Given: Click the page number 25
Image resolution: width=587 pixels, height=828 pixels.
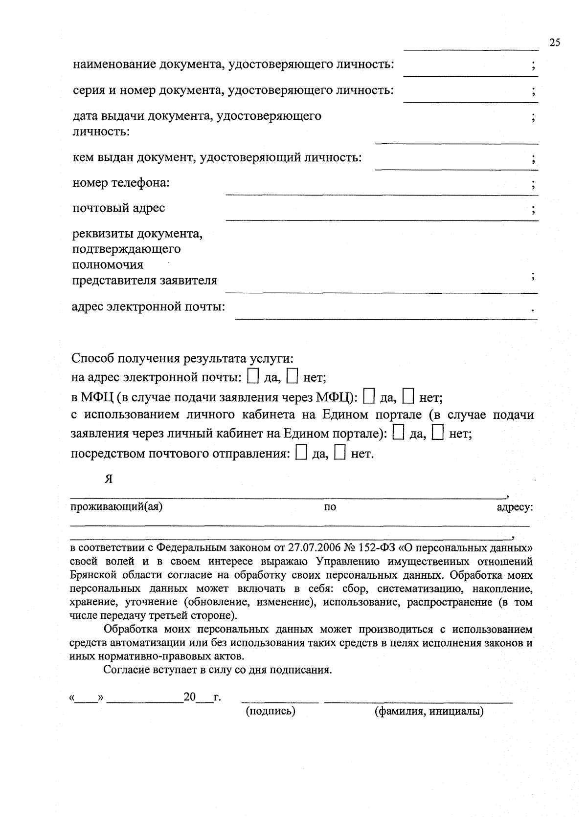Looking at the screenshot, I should point(554,43).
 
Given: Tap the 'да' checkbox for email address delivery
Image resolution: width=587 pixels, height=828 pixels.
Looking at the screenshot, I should point(253,376).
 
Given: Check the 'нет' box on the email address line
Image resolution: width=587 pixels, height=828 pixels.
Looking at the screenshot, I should point(292,376).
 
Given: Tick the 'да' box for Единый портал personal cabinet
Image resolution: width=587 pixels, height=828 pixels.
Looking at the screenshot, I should point(398,433).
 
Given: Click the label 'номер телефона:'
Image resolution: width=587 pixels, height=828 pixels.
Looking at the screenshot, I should point(121,183).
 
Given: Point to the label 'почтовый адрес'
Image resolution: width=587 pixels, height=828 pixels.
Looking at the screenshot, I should point(119,208).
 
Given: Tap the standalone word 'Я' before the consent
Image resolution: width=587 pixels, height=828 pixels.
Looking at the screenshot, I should point(109,479).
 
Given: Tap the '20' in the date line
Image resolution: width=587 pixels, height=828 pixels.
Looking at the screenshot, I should point(189,697).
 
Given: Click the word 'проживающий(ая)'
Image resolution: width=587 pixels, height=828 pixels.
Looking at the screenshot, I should point(116,506).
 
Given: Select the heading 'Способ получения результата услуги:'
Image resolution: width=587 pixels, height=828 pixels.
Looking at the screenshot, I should point(182,358).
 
